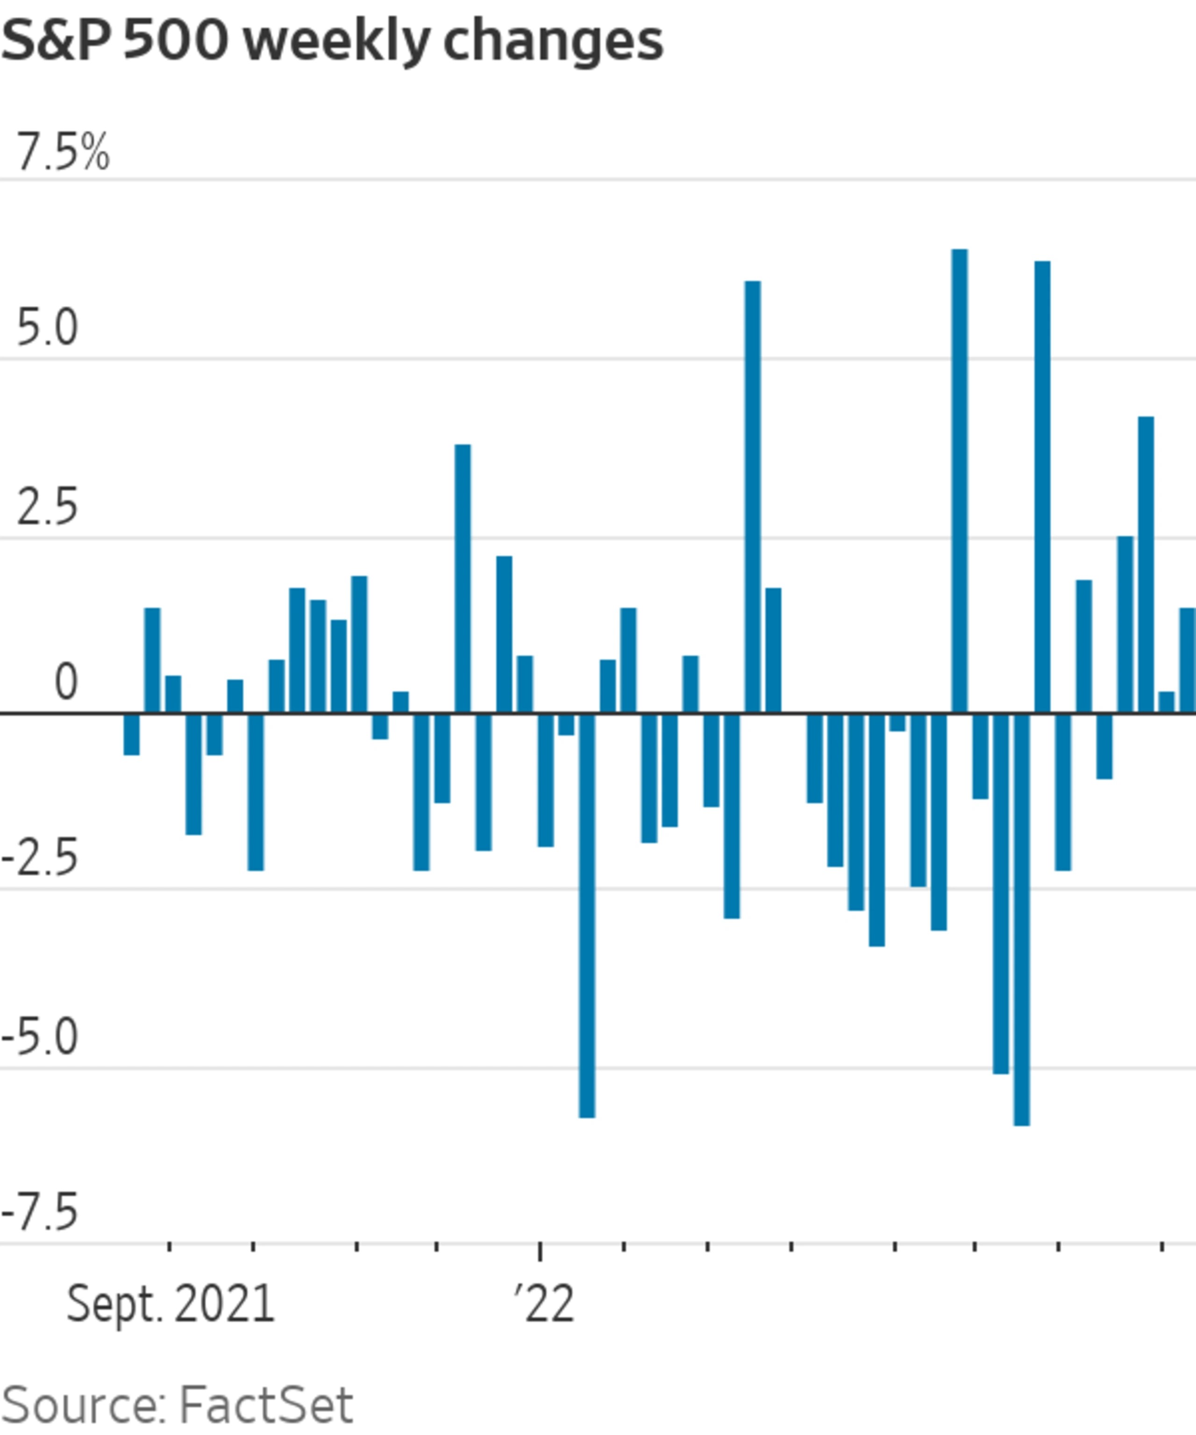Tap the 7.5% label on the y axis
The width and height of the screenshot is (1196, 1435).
click(x=62, y=152)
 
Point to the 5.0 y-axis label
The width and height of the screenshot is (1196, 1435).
click(x=46, y=329)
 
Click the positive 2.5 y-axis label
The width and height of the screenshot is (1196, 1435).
click(x=46, y=508)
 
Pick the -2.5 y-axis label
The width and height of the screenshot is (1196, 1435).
click(x=40, y=859)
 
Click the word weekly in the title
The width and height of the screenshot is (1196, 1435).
click(x=337, y=41)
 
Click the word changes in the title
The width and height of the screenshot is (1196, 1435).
click(x=553, y=41)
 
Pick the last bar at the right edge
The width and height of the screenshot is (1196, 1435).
click(x=1187, y=660)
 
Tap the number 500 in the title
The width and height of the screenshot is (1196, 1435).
click(x=176, y=41)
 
